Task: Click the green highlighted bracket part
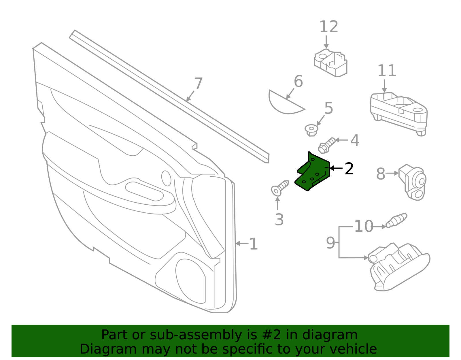(x=313, y=173)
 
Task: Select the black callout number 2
(x=349, y=169)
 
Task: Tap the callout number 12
(x=328, y=27)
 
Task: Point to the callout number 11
(x=387, y=71)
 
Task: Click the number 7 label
(x=198, y=84)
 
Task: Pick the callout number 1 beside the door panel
(x=253, y=244)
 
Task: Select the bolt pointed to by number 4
(x=327, y=145)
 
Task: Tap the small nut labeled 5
(x=311, y=130)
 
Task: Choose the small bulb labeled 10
(x=397, y=220)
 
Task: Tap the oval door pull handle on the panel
(x=144, y=191)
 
